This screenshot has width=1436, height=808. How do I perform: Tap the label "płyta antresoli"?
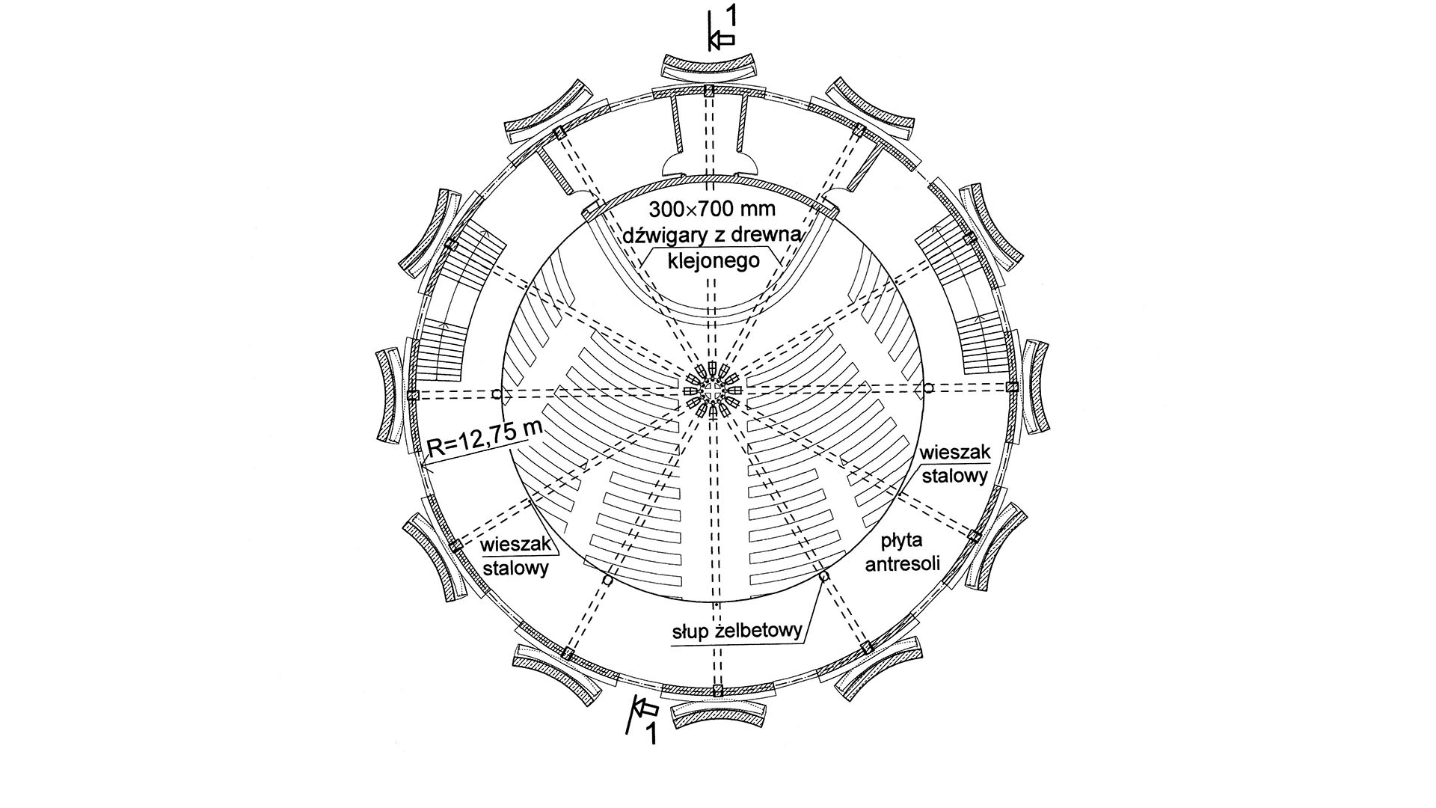pos(903,551)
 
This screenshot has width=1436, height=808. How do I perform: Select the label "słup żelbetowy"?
pos(736,630)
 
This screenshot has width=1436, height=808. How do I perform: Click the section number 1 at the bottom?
pos(651,734)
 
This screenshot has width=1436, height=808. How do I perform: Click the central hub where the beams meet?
pos(714,391)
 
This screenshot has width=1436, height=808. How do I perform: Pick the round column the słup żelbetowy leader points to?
pos(824,577)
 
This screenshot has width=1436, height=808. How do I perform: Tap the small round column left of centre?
pos(497,394)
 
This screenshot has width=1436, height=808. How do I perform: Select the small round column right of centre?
pos(928,388)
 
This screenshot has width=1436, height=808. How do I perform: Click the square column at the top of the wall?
pos(710,91)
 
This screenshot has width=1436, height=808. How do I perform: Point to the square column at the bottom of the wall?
pos(718,690)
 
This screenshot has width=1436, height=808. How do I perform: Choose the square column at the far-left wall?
pos(412,394)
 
